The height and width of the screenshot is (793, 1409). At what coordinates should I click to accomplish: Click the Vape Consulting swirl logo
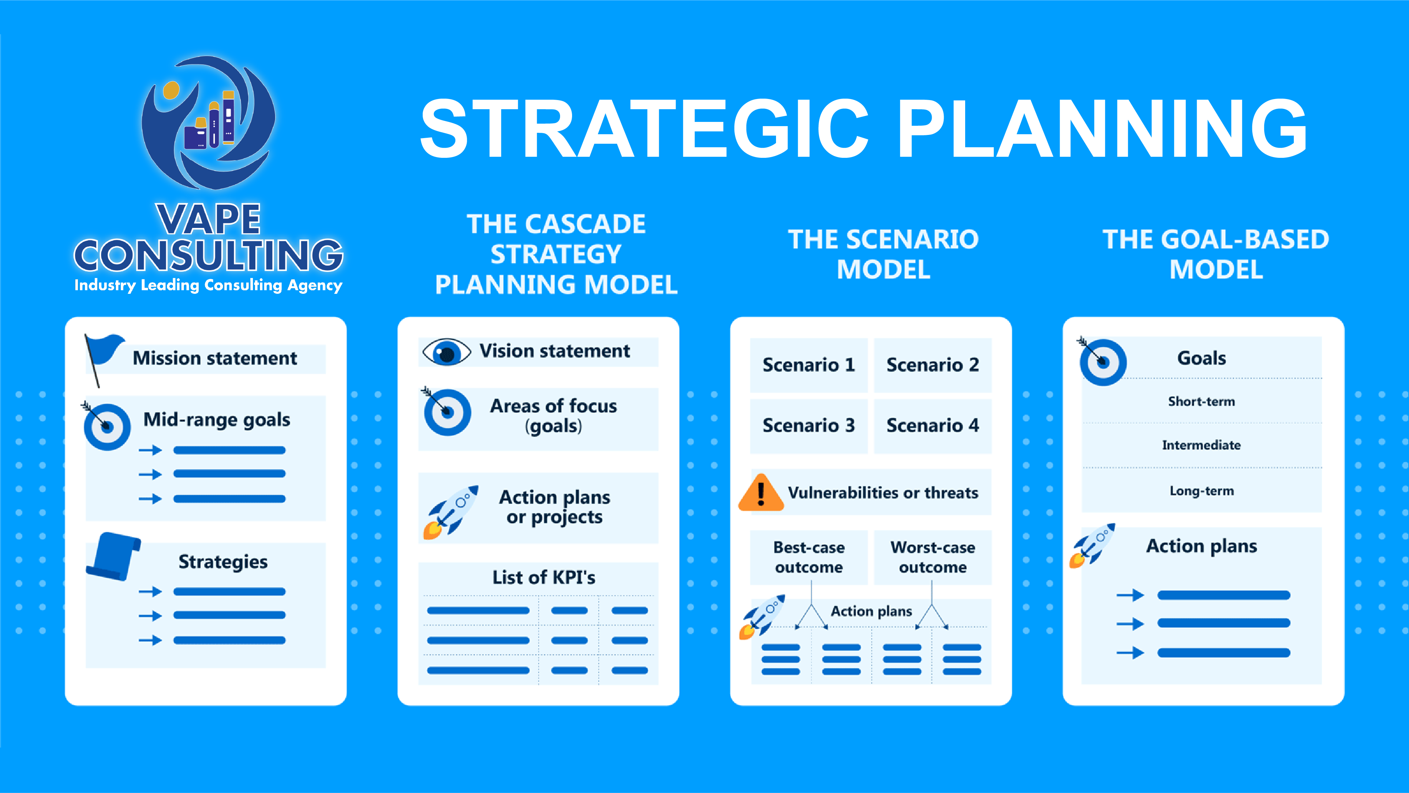click(209, 123)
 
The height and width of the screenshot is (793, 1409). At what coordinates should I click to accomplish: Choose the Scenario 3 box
click(808, 426)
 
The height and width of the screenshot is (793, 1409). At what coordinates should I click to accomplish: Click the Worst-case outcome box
click(933, 557)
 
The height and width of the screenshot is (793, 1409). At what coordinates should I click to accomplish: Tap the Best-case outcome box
click(808, 557)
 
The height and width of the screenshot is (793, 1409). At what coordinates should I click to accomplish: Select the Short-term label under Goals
click(1201, 401)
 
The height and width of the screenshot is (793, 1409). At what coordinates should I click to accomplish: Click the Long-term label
click(1202, 491)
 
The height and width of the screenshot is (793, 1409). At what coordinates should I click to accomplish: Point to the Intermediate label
click(1201, 445)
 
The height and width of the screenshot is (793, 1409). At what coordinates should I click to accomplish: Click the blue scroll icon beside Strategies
click(113, 556)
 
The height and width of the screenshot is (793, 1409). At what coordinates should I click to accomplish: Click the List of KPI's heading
click(544, 577)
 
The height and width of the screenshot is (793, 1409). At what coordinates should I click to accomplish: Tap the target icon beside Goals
click(1102, 361)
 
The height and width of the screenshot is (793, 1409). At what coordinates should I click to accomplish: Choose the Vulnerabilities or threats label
click(883, 493)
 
